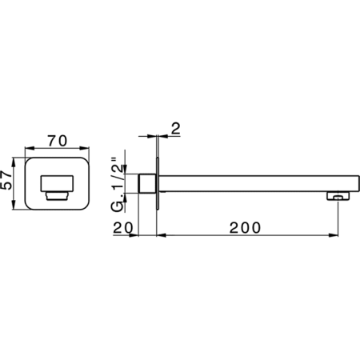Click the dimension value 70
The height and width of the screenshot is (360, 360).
(x=58, y=141)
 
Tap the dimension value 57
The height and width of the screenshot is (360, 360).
(x=6, y=180)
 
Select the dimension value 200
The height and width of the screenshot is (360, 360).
(x=245, y=228)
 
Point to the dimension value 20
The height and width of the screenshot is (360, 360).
(x=123, y=228)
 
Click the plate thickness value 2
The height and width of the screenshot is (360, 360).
(x=176, y=128)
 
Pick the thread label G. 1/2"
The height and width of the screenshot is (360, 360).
(x=118, y=185)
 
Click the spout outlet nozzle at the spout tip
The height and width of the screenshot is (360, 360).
(x=338, y=195)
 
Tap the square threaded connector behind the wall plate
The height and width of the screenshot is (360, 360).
(x=147, y=183)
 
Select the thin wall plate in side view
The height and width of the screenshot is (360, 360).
(x=158, y=183)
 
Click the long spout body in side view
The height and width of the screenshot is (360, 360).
(x=259, y=183)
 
